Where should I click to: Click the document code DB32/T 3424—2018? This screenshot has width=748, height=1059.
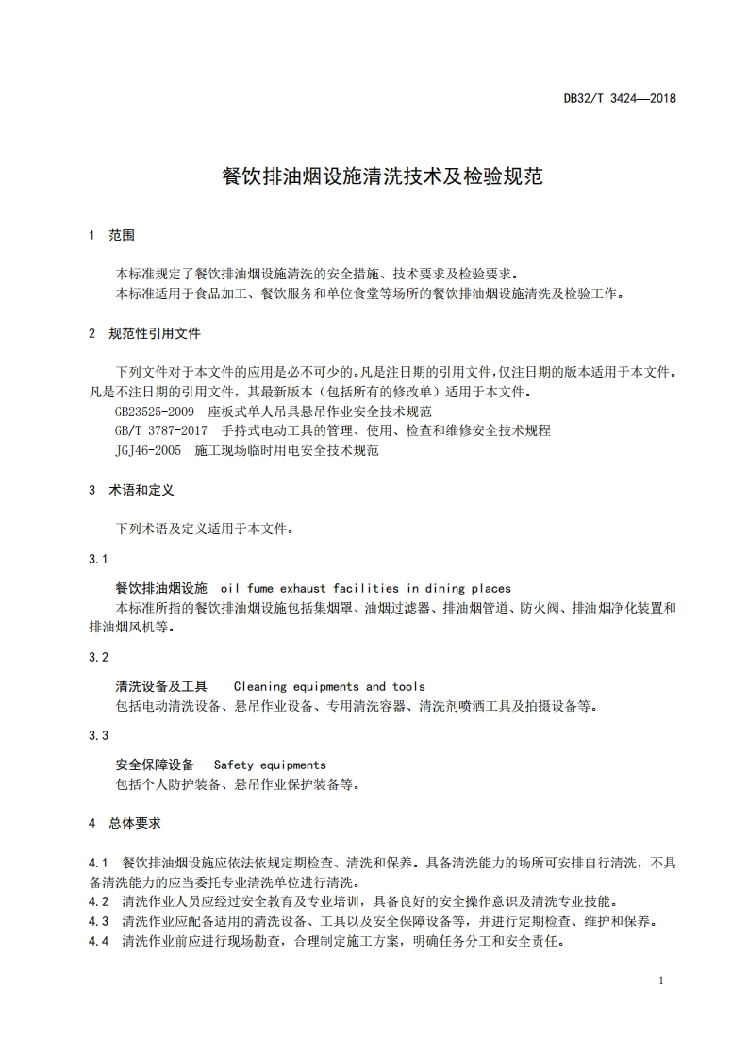tap(620, 97)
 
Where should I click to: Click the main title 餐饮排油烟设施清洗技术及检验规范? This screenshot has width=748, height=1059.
tap(381, 176)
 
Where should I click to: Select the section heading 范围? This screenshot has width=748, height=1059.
tap(123, 234)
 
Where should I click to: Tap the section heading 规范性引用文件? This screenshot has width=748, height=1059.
tap(155, 333)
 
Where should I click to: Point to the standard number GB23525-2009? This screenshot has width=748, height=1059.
tap(155, 412)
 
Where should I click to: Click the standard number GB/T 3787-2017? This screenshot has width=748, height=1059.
tap(161, 430)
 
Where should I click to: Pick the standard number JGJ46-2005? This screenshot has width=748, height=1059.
tap(148, 450)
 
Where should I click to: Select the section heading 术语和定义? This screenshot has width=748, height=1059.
tap(141, 491)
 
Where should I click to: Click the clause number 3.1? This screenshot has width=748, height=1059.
tap(99, 559)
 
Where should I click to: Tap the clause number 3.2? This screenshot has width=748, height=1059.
tap(99, 657)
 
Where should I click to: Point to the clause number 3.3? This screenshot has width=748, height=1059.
tap(99, 735)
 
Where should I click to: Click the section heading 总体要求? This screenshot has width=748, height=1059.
tap(135, 823)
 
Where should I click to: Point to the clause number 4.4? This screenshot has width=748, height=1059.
tap(99, 941)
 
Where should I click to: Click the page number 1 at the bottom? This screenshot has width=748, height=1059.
tap(661, 981)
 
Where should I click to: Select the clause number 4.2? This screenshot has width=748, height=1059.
tap(99, 901)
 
